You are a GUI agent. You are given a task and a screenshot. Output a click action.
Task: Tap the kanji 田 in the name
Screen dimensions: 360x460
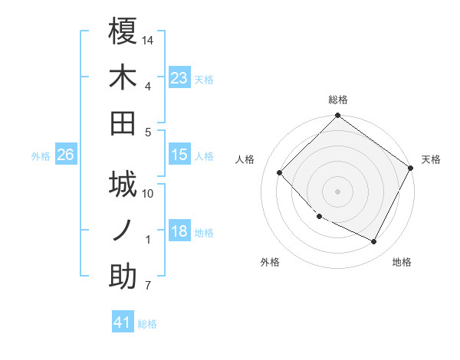coord(123,123)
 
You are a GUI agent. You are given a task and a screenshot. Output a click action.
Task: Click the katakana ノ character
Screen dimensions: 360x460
coord(123,231)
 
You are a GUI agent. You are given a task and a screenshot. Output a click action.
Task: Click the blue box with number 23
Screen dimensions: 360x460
coord(179,78)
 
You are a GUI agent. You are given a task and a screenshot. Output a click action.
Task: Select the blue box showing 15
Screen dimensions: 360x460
coord(179,155)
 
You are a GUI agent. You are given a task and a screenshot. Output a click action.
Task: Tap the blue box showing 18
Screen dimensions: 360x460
coord(179,232)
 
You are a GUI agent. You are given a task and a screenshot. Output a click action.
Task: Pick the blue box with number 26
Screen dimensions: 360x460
coord(65,155)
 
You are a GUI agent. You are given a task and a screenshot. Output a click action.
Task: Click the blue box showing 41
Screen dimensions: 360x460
coord(123,322)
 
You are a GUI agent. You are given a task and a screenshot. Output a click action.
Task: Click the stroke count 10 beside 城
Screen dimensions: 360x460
coord(149,194)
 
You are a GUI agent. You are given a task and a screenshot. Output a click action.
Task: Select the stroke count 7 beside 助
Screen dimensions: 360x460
coord(148,286)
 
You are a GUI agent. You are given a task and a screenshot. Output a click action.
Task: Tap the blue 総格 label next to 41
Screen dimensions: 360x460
coord(148,324)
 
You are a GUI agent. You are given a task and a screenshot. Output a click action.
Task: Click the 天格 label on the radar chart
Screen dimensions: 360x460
coord(431,159)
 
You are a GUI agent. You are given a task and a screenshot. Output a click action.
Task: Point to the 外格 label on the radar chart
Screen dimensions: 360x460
coord(270,262)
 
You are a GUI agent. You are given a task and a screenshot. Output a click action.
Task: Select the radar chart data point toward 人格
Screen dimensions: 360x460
coord(280,173)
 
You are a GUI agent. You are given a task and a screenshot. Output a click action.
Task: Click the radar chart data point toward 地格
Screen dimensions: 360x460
coord(374,242)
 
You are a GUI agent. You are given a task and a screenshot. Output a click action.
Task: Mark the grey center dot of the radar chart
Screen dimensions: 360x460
coord(337,191)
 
